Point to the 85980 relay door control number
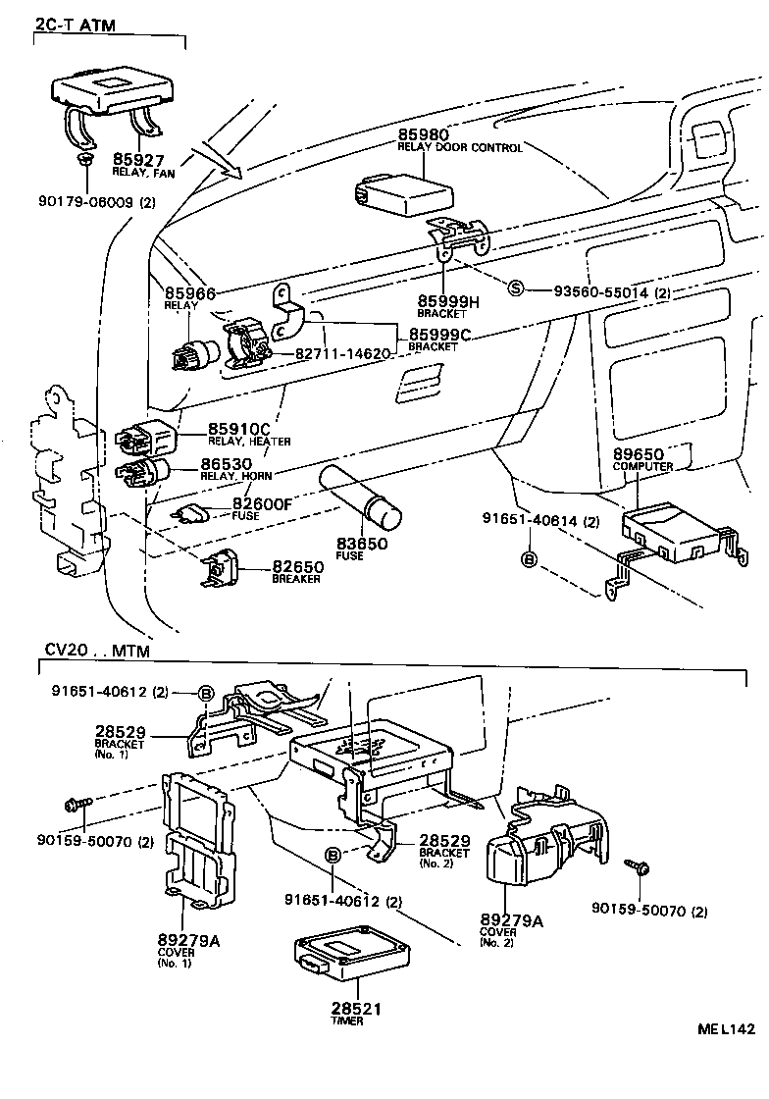pos(423,133)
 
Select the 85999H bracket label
pos(449,301)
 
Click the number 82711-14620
pos(341,353)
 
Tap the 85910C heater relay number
pos(238,429)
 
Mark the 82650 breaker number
pos(296,567)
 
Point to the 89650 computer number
pos(639,454)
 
